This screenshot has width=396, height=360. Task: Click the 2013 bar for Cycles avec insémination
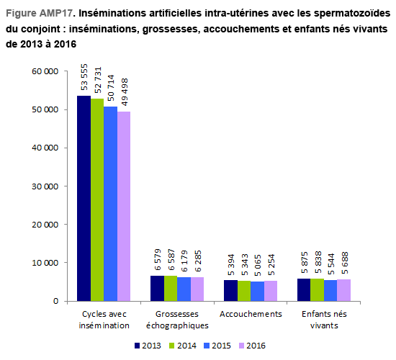pyautogui.click(x=84, y=198)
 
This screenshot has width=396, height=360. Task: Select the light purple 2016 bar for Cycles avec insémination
pyautogui.click(x=124, y=206)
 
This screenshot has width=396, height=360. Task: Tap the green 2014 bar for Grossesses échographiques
pyautogui.click(x=171, y=288)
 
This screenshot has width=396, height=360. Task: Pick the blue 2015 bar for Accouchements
pyautogui.click(x=257, y=292)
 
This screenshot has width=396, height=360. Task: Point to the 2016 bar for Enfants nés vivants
pyautogui.click(x=343, y=290)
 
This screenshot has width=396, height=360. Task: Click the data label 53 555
pyautogui.click(x=84, y=77)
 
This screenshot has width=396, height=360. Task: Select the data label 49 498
pyautogui.click(x=125, y=92)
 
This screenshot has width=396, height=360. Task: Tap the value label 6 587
pyautogui.click(x=171, y=260)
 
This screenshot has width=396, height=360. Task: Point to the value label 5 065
pyautogui.click(x=258, y=265)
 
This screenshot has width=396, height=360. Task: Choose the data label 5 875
pyautogui.click(x=305, y=263)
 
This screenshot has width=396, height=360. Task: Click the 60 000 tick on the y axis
pyautogui.click(x=45, y=71)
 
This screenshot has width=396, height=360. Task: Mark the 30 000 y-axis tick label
pyautogui.click(x=45, y=186)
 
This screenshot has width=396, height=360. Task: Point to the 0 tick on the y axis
pyautogui.click(x=56, y=301)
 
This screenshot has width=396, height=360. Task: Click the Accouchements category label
pyautogui.click(x=251, y=314)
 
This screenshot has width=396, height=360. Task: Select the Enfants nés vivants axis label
pyautogui.click(x=324, y=320)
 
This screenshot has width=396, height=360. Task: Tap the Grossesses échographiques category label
pyautogui.click(x=177, y=320)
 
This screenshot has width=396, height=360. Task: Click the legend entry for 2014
pyautogui.click(x=183, y=346)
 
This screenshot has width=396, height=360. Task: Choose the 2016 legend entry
pyautogui.click(x=252, y=346)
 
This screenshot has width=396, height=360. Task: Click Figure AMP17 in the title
pyautogui.click(x=40, y=13)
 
